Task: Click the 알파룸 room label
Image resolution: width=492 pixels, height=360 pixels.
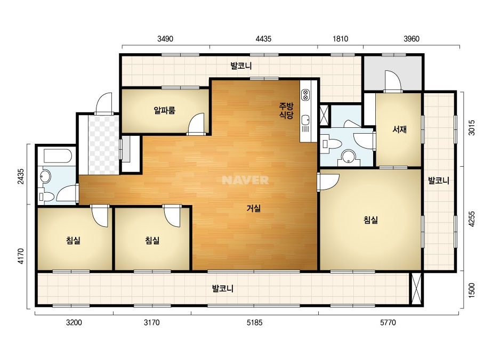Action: tap(164, 110)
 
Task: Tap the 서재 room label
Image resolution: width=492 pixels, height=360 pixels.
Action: tap(399, 129)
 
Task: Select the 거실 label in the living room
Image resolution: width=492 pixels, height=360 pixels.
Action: tap(254, 208)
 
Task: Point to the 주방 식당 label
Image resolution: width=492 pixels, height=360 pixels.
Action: tap(286, 110)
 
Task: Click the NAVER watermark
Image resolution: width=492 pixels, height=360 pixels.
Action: tap(245, 180)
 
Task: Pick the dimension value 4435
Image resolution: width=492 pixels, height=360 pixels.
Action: tap(263, 39)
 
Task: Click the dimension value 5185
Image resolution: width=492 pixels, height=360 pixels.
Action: tap(254, 322)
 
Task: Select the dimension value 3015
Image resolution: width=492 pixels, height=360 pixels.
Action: tap(471, 128)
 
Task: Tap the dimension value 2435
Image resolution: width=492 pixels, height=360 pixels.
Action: tap(21, 177)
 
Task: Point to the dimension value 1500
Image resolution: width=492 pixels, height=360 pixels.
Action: tap(471, 290)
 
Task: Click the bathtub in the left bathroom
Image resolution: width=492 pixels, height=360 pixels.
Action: tap(58, 156)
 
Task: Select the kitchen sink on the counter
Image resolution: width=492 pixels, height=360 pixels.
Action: tap(305, 120)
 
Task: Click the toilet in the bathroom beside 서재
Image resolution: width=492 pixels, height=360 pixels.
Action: tap(332, 144)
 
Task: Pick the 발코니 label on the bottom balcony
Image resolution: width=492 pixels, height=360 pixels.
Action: tap(222, 289)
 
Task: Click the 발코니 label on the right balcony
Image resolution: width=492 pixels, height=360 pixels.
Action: tap(439, 181)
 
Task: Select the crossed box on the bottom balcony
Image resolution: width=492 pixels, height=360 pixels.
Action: tap(416, 289)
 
